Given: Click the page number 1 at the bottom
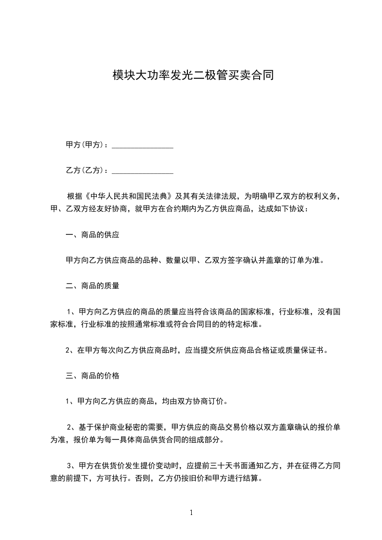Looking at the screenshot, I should [x=191, y=513].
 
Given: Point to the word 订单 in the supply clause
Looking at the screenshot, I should [x=293, y=260].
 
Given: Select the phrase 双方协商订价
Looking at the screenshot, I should [x=198, y=401].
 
